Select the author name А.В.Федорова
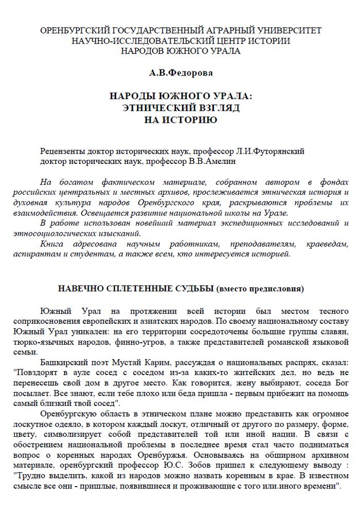point(181,73)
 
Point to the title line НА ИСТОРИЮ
point(180,120)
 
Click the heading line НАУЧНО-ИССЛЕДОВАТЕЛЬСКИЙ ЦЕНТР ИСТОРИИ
point(181,41)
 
